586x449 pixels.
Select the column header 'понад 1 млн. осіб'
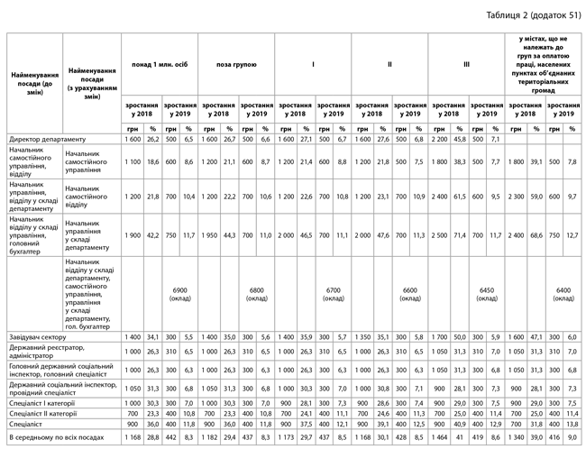[x=159, y=65]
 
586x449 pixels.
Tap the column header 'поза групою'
[x=236, y=65]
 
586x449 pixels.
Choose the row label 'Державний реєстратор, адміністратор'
[x=45, y=352]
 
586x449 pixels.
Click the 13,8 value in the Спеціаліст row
[x=573, y=423]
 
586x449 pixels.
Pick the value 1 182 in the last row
[x=210, y=436]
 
